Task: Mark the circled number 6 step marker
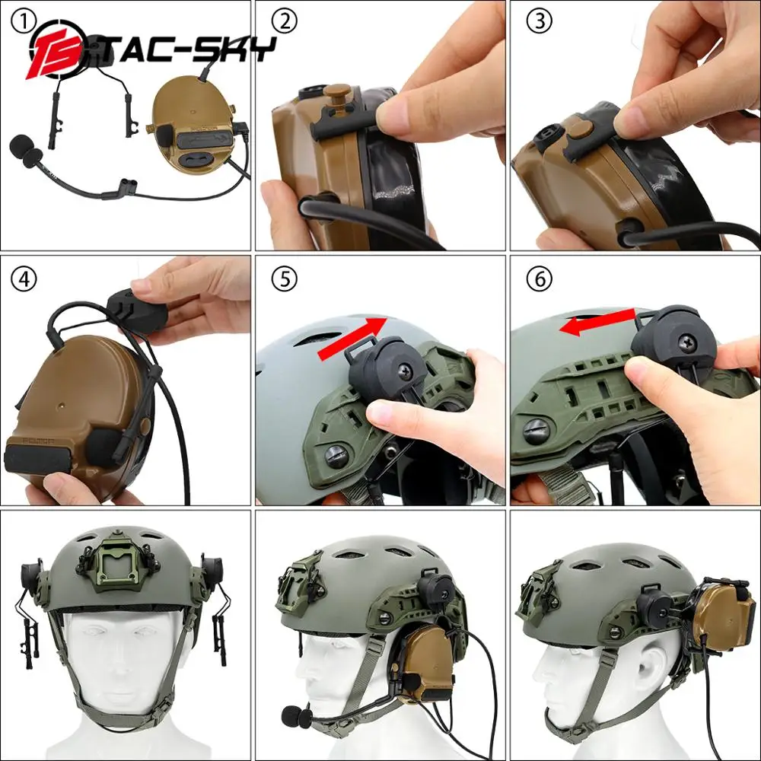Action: tap(540, 279)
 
